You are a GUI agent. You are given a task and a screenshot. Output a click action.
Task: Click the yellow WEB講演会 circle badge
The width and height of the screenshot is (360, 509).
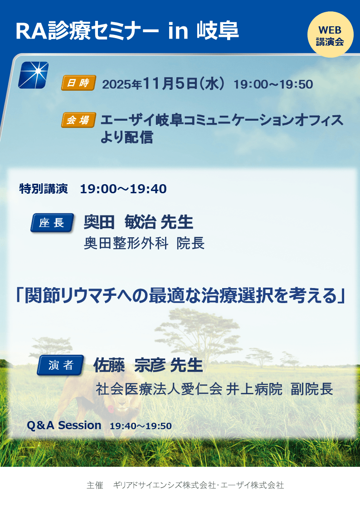point(330,35)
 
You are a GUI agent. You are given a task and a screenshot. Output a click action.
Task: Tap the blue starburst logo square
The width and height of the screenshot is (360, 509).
point(34,75)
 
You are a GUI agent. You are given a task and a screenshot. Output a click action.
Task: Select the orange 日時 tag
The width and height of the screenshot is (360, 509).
point(78,83)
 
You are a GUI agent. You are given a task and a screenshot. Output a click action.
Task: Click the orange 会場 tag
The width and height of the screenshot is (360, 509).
point(78,120)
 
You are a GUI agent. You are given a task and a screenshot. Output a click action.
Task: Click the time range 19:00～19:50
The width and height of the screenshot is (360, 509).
point(273,84)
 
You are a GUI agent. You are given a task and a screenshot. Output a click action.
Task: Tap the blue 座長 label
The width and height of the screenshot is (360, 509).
point(52,223)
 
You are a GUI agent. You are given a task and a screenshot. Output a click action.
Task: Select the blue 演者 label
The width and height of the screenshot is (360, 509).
point(61,365)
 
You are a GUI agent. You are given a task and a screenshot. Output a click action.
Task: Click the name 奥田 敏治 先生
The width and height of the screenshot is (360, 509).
point(138,222)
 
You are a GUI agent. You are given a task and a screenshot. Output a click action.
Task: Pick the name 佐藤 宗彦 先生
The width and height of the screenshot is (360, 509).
point(148,365)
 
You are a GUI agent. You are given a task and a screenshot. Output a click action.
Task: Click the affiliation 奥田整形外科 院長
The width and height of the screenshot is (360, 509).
point(144,243)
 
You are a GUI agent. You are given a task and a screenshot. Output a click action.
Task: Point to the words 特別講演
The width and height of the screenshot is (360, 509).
point(44,189)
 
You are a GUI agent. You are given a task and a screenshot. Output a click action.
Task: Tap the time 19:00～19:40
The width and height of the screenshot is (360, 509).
point(123,189)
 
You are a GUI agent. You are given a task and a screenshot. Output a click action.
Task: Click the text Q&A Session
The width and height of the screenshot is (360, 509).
point(64,425)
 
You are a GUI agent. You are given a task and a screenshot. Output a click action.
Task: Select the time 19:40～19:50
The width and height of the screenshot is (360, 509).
point(141,426)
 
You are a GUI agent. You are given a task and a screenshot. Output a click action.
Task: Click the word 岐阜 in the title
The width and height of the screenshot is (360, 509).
point(218,31)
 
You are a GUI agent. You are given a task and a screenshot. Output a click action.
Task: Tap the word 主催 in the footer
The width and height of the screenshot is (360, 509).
point(95,485)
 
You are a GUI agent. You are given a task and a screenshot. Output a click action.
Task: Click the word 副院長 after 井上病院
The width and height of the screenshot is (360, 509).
point(311,389)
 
